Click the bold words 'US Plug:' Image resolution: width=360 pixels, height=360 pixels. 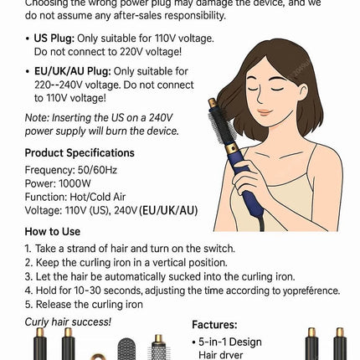point(53,39)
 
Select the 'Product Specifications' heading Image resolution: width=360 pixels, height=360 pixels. point(79,153)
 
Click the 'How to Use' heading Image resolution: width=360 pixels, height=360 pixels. point(52,232)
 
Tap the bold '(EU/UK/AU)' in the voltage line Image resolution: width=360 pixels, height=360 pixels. point(168,211)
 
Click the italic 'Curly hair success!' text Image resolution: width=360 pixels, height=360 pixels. point(67,321)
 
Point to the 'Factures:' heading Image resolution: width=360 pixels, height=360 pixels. point(214,325)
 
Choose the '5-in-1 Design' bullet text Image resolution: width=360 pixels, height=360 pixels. point(229,342)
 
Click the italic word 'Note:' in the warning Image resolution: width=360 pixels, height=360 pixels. point(36,118)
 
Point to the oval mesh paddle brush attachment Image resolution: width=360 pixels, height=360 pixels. point(126,347)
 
